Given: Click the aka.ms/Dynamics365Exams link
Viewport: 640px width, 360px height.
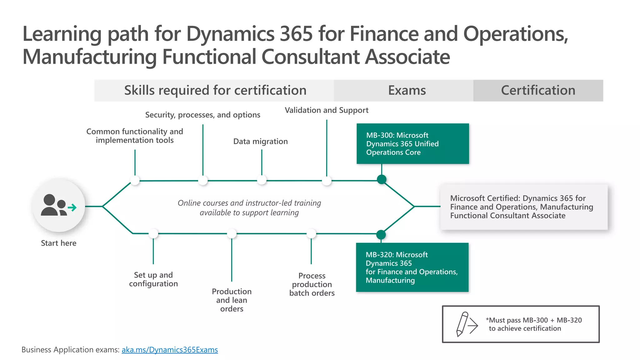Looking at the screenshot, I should [x=170, y=350].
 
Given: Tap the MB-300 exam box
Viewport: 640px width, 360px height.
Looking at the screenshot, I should [x=412, y=144].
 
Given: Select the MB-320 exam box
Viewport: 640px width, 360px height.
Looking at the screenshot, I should [x=412, y=267].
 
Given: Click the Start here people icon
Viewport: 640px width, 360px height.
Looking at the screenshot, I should [x=58, y=205].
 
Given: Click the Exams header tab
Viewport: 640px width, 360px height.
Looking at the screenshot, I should [x=407, y=90].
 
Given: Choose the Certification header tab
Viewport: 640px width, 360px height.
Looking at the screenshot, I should [x=538, y=90].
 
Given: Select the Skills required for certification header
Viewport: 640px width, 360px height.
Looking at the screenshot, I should [x=215, y=90].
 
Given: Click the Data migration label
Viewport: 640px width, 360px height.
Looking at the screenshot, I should [x=260, y=142].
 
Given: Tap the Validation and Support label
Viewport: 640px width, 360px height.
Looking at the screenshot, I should [x=326, y=110].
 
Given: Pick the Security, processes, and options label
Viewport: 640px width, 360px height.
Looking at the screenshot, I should [x=202, y=115].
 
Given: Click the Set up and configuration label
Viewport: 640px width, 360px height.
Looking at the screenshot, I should [x=153, y=279].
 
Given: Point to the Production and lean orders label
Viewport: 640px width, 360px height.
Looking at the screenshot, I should [x=232, y=300].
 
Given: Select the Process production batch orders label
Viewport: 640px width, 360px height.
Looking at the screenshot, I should [x=312, y=284].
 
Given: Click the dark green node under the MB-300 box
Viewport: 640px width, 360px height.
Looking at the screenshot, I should [x=382, y=179].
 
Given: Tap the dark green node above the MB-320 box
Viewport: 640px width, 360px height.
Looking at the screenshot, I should [x=381, y=234].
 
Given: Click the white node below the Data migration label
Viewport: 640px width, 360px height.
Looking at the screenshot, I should [x=262, y=180].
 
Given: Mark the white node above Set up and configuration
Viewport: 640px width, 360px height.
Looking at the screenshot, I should [x=153, y=233].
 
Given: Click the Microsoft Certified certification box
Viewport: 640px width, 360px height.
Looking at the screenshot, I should [x=524, y=207].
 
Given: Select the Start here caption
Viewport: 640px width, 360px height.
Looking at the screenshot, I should [x=58, y=243].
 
